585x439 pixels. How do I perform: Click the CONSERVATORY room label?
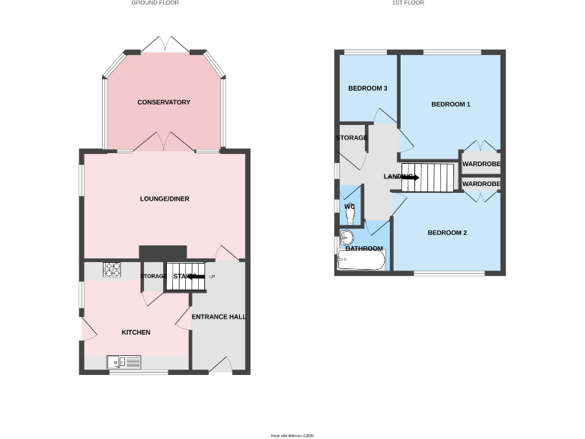click(164, 102)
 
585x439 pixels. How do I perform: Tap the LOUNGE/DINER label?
click(165, 199)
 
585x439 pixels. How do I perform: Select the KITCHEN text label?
click(136, 332)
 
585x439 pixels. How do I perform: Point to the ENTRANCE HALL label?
click(219, 316)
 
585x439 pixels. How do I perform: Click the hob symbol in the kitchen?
click(113, 268)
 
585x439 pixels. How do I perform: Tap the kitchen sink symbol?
click(124, 362)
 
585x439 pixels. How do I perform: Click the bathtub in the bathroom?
click(362, 261)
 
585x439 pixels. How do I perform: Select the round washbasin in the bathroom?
click(348, 236)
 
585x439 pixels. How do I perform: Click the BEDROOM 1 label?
click(450, 104)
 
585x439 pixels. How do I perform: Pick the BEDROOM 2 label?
click(446, 232)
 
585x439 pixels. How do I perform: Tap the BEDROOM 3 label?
click(368, 88)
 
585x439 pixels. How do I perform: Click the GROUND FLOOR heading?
click(155, 3)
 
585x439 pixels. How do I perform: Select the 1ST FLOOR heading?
click(408, 3)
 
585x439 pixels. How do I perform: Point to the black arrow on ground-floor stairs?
click(197, 276)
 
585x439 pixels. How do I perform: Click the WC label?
click(350, 207)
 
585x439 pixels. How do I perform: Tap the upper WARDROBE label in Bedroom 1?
click(481, 163)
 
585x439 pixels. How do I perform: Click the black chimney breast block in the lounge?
click(162, 252)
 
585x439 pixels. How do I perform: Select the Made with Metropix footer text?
click(292, 435)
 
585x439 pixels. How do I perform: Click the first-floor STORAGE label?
click(352, 138)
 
